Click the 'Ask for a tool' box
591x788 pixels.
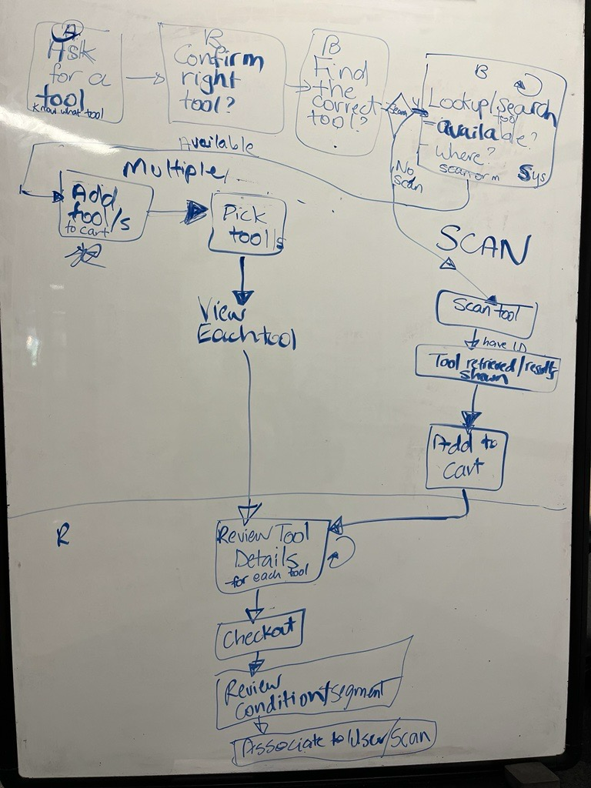pyautogui.click(x=75, y=72)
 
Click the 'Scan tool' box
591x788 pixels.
pyautogui.click(x=486, y=312)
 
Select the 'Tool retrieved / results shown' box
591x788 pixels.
pyautogui.click(x=487, y=367)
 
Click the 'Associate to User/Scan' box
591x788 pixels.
pyautogui.click(x=336, y=740)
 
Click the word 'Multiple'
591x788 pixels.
pyautogui.click(x=174, y=169)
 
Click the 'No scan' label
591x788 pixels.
pyautogui.click(x=406, y=175)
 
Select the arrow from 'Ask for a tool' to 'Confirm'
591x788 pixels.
pyautogui.click(x=144, y=78)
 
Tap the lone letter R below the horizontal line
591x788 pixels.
pyautogui.click(x=63, y=536)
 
